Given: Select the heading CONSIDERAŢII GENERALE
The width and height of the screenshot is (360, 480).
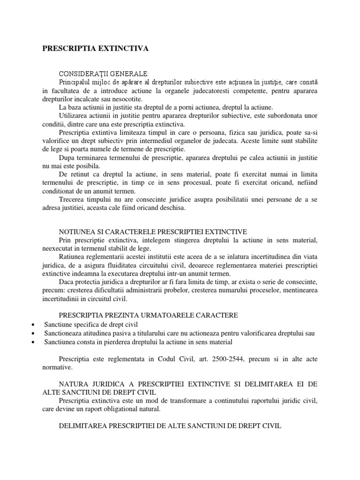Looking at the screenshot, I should [x=104, y=74].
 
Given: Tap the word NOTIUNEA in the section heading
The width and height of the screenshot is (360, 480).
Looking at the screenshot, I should [x=76, y=232].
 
